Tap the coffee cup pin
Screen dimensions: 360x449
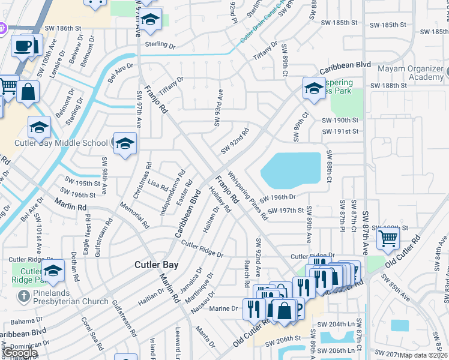click(23, 46)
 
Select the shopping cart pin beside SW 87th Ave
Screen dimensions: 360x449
click(388, 238)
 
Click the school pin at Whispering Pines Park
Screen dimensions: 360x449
click(313, 89)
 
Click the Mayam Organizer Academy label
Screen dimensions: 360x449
click(410, 73)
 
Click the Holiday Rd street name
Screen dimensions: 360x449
click(220, 200)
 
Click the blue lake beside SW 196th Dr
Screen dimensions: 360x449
click(291, 167)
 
